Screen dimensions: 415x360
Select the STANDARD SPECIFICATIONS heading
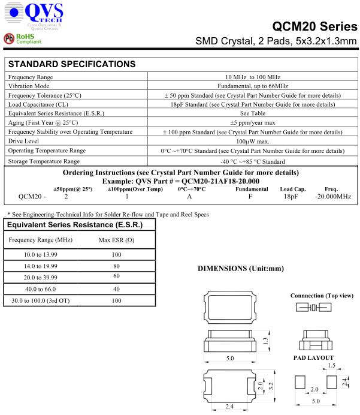[x=71, y=64]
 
